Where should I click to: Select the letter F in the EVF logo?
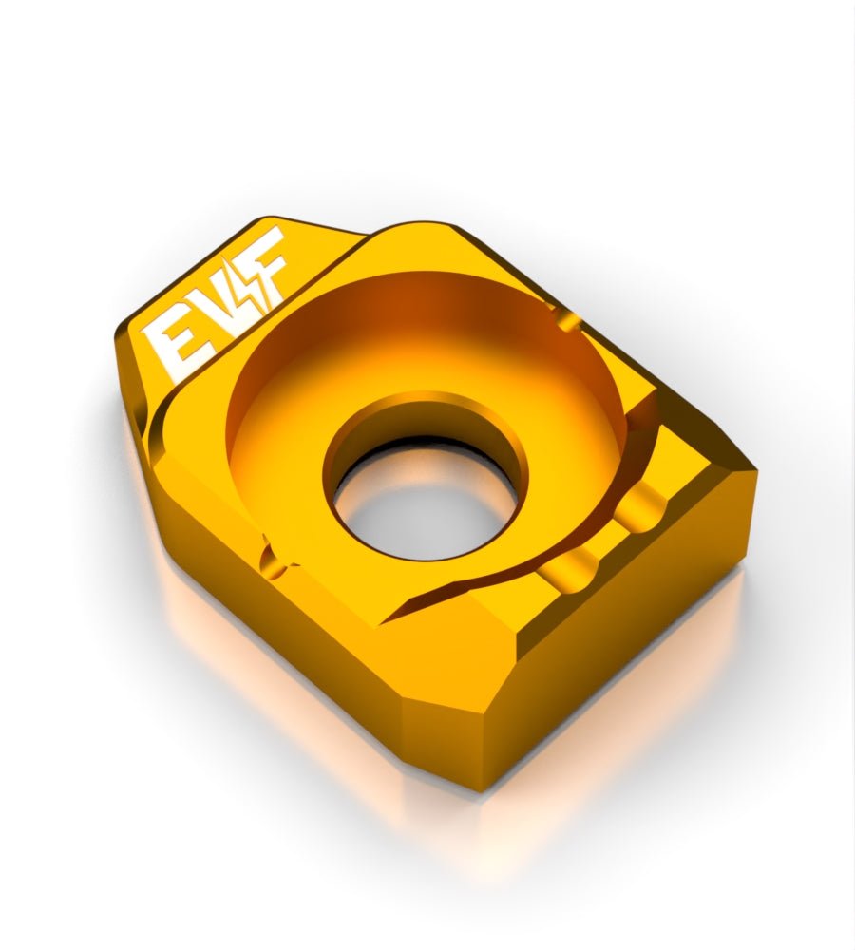pyautogui.click(x=264, y=263)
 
